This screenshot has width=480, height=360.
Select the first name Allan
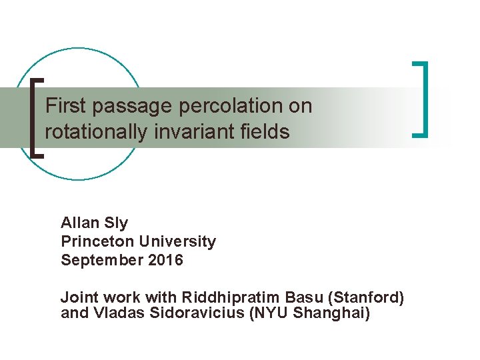[x=79, y=223]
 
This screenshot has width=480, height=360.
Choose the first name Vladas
[x=108, y=313]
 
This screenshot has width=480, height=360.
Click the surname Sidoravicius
[x=189, y=313]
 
